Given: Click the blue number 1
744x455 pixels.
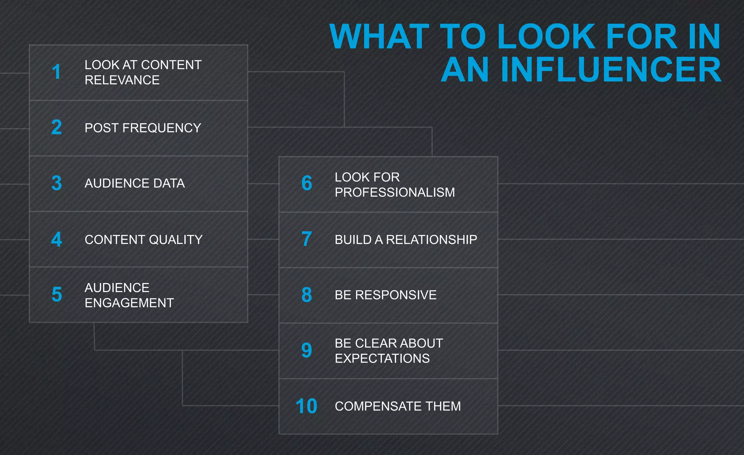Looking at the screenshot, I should click(x=56, y=72).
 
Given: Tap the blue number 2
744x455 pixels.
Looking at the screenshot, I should click(x=57, y=128).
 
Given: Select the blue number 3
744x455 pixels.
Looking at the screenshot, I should click(x=57, y=183).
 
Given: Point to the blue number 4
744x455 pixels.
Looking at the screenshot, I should click(x=57, y=239).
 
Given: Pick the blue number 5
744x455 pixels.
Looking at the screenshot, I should click(x=57, y=295).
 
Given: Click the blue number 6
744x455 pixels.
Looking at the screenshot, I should click(x=307, y=183).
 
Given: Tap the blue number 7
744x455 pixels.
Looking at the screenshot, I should click(x=307, y=239).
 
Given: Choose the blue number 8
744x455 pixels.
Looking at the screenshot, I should click(x=307, y=295).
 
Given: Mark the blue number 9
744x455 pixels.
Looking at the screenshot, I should click(x=307, y=350).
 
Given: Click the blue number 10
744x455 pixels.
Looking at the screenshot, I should click(x=306, y=406).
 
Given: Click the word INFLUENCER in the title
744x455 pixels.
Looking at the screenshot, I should click(x=611, y=70).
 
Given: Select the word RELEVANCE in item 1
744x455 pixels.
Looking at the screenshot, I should click(x=122, y=80).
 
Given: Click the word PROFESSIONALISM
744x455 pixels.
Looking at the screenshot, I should click(x=395, y=192).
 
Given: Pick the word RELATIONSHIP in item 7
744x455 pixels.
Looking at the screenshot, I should click(x=432, y=240).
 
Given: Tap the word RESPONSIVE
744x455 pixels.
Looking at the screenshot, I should click(x=396, y=295).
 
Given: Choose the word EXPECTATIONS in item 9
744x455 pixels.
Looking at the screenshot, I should click(x=382, y=358).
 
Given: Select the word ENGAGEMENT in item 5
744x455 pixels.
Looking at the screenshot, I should click(x=129, y=303).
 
